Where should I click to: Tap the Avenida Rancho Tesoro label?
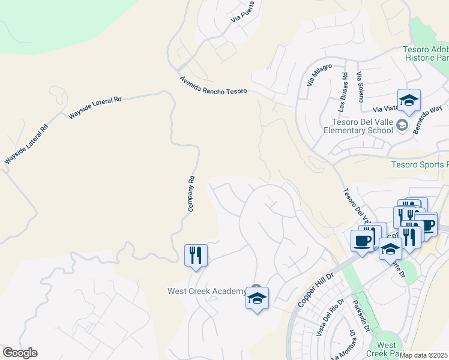213,86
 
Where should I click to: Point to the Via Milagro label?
319,74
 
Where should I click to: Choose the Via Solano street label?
360,87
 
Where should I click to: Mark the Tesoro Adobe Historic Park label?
426,53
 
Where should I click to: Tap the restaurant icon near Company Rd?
196,255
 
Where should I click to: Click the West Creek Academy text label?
206,292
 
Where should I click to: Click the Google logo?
20,353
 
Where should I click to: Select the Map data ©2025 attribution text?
424,355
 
